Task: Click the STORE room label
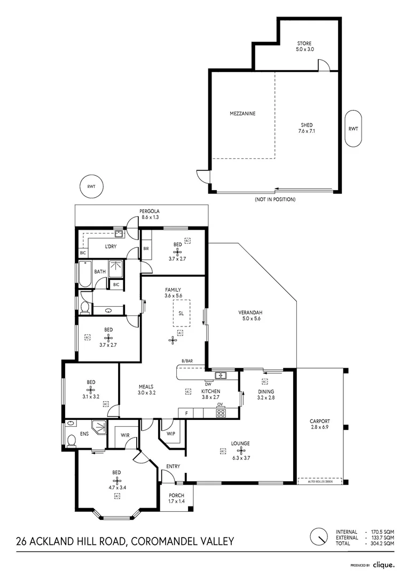click(304, 46)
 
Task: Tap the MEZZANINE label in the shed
click(242, 114)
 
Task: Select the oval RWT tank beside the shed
click(353, 129)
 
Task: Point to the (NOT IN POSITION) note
click(275, 199)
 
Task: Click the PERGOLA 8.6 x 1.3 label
click(150, 214)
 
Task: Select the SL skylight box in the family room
click(181, 313)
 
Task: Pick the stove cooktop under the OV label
click(220, 413)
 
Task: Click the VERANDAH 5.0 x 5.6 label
click(251, 316)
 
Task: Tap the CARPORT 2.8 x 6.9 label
click(320, 424)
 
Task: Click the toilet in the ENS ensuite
click(70, 440)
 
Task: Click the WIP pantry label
click(171, 433)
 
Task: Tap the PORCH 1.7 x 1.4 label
click(176, 498)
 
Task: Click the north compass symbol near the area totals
click(319, 536)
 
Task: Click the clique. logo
click(383, 564)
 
